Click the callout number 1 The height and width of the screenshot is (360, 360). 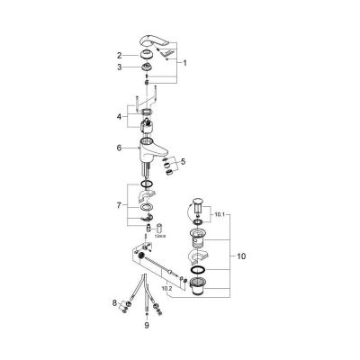[x=186, y=63]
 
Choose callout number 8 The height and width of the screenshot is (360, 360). [x=114, y=305]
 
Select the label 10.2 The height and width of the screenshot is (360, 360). [x=165, y=288]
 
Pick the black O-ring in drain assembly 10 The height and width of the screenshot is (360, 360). [x=200, y=269]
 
